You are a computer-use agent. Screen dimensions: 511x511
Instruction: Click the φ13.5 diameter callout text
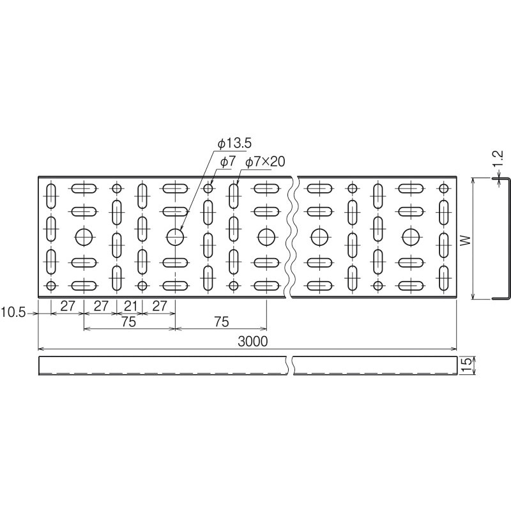[234, 143]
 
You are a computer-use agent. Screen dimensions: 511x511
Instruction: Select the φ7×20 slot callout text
[265, 162]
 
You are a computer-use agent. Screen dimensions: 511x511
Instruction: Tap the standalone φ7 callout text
[227, 162]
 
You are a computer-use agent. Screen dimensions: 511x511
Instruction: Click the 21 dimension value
[130, 306]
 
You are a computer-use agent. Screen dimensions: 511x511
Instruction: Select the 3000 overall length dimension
[252, 341]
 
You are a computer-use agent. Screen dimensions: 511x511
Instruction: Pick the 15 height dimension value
[466, 365]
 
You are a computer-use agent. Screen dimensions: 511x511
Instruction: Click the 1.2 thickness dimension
[498, 158]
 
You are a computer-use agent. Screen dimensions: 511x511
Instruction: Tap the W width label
[466, 240]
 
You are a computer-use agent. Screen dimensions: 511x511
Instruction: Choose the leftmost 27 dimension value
[68, 306]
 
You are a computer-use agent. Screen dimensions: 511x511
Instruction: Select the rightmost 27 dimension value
[159, 306]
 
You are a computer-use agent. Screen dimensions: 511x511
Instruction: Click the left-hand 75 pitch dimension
[129, 322]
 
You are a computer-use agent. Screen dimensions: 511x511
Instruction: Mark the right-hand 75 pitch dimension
[222, 322]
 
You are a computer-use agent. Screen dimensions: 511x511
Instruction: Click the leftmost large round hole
[84, 237]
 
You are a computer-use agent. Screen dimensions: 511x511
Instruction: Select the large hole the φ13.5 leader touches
[175, 237]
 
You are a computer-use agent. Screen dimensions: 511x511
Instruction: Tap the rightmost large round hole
[411, 237]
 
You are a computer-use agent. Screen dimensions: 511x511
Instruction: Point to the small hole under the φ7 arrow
[208, 188]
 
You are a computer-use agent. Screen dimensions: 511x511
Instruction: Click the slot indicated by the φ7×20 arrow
[234, 196]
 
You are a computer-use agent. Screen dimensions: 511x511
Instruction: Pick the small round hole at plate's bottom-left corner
[51, 286]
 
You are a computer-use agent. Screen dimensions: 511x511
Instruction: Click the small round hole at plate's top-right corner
[443, 188]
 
